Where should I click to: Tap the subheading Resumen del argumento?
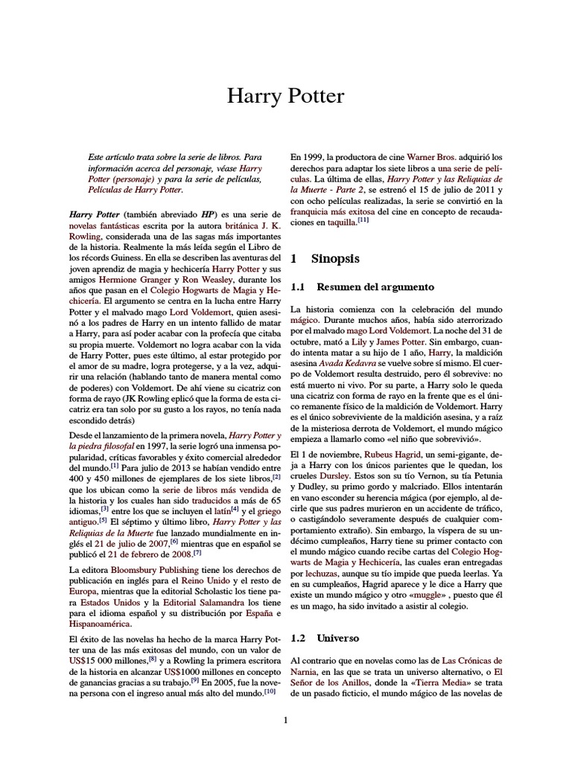coord(375,286)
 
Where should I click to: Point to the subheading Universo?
coord(339,638)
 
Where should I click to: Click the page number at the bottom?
coord(286,720)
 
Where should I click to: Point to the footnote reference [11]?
coord(363,220)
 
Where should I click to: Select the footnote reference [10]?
coord(270,691)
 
